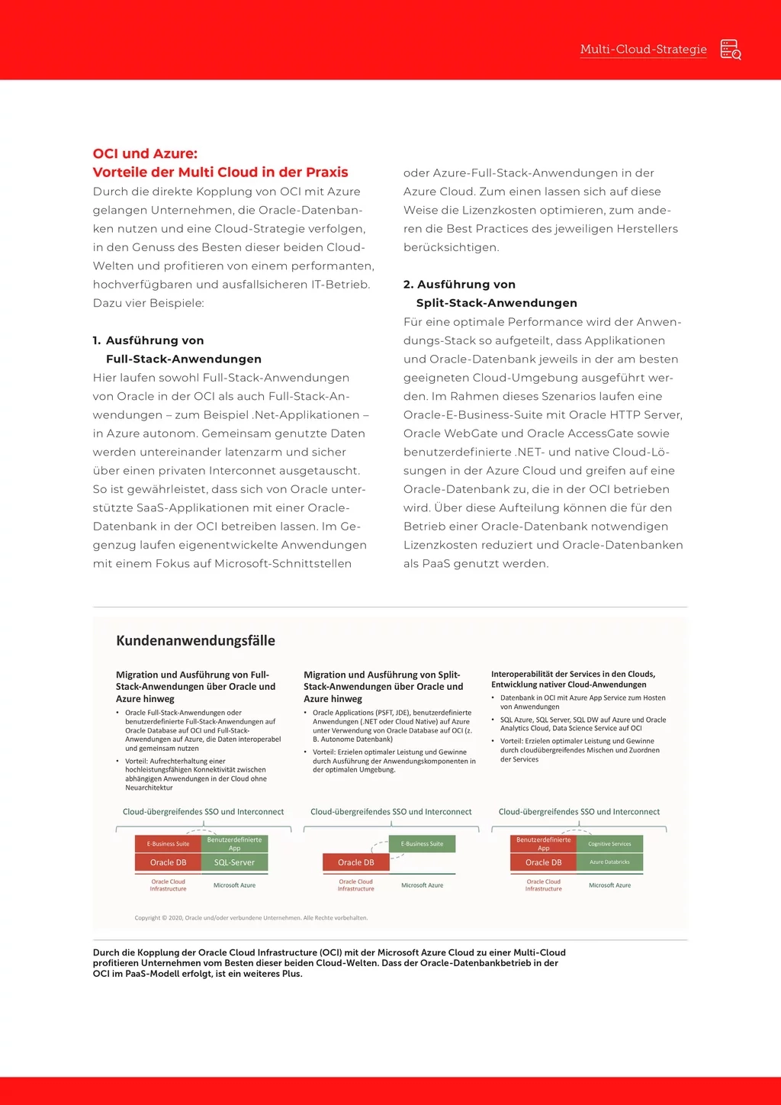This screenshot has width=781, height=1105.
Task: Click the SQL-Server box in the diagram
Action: pos(235,862)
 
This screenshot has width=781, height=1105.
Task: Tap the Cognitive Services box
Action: pos(609,843)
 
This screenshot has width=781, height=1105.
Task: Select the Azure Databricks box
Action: pos(609,862)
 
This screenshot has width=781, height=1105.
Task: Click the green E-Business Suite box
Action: pos(422,843)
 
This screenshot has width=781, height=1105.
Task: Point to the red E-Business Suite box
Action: pos(168,843)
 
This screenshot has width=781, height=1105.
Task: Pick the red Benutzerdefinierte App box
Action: pos(543,843)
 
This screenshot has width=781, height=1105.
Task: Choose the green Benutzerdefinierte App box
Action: pos(235,843)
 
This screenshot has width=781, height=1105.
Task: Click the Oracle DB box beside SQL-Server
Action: pos(168,862)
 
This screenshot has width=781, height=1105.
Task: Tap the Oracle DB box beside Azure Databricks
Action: pos(543,862)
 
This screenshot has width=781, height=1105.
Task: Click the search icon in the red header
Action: pos(731,50)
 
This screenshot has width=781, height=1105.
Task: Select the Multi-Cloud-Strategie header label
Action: pos(643,50)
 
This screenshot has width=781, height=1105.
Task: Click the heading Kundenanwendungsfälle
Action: pos(195,641)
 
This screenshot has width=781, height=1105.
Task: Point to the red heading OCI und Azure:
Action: pos(145,153)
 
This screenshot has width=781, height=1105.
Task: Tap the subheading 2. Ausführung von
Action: pos(459,285)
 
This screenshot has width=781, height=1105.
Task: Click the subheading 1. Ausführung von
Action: pos(148,340)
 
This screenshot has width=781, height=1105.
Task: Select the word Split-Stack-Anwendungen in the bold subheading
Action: pos(497,303)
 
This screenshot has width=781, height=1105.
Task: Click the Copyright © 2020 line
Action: pos(251,918)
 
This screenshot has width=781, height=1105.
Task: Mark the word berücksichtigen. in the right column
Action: pos(452,247)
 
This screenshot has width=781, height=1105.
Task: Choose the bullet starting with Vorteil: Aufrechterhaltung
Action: pos(195,774)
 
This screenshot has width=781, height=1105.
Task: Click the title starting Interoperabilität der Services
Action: pos(573,679)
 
